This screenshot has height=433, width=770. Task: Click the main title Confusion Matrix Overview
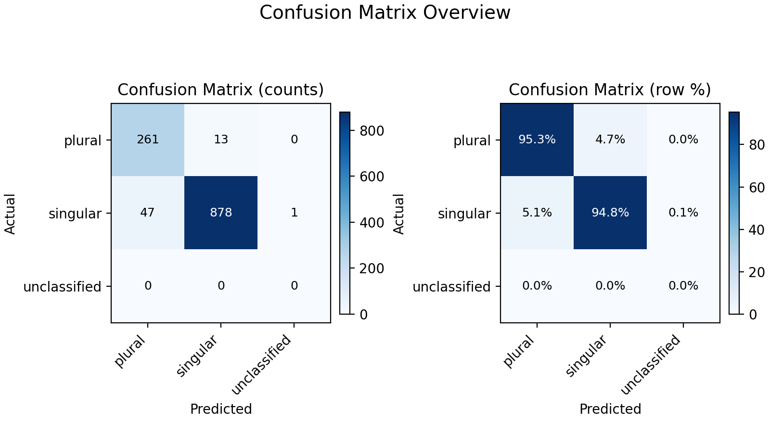[x=385, y=13]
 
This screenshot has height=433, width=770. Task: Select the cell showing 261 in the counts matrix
[x=148, y=140]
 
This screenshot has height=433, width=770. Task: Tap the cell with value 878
[x=221, y=213]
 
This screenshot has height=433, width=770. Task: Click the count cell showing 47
[x=148, y=213]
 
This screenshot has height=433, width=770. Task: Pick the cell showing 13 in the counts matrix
[x=221, y=140]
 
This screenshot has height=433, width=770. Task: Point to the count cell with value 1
[x=294, y=213]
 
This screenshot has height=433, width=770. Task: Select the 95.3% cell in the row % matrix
[x=537, y=140]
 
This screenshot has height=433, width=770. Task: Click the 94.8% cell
[x=610, y=213]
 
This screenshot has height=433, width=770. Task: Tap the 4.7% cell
[x=610, y=140]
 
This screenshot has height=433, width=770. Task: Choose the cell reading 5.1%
[x=537, y=213]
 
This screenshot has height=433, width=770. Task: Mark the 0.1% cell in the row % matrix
[x=683, y=213]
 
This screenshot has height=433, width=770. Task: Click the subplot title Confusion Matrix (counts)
[x=221, y=90]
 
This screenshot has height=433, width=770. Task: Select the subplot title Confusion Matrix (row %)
[x=610, y=90]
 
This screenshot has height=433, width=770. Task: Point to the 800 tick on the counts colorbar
[x=372, y=131]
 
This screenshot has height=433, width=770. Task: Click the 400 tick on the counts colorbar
[x=372, y=223]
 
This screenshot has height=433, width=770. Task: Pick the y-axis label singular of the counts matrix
[x=75, y=214]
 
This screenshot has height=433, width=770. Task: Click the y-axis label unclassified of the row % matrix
[x=451, y=287]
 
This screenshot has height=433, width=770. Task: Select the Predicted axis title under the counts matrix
[x=221, y=409]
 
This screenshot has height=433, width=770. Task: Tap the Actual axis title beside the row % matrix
[x=399, y=214]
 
